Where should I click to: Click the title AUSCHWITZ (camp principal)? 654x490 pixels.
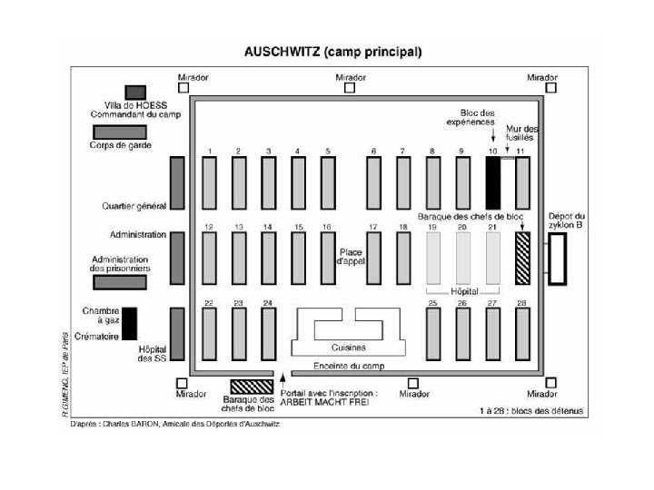coord(335,52)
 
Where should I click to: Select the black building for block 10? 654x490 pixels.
coord(492,181)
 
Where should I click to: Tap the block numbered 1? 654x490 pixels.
coord(209,181)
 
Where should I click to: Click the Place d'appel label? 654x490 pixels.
coord(351,256)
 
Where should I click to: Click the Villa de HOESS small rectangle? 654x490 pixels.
coord(135,92)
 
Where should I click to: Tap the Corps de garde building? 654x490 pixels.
coord(119,132)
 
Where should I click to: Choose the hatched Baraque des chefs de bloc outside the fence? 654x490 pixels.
coord(251,387)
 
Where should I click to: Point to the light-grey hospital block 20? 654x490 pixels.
coord(463,257)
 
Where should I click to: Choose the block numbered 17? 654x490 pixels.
coord(372,257)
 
